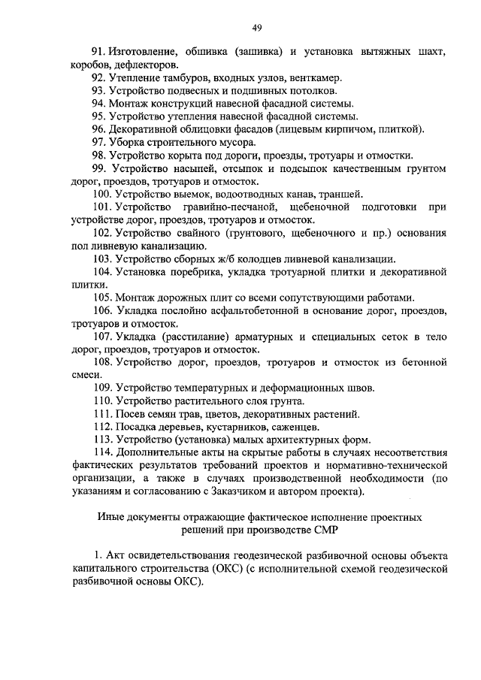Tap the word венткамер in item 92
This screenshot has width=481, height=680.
click(x=318, y=77)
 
